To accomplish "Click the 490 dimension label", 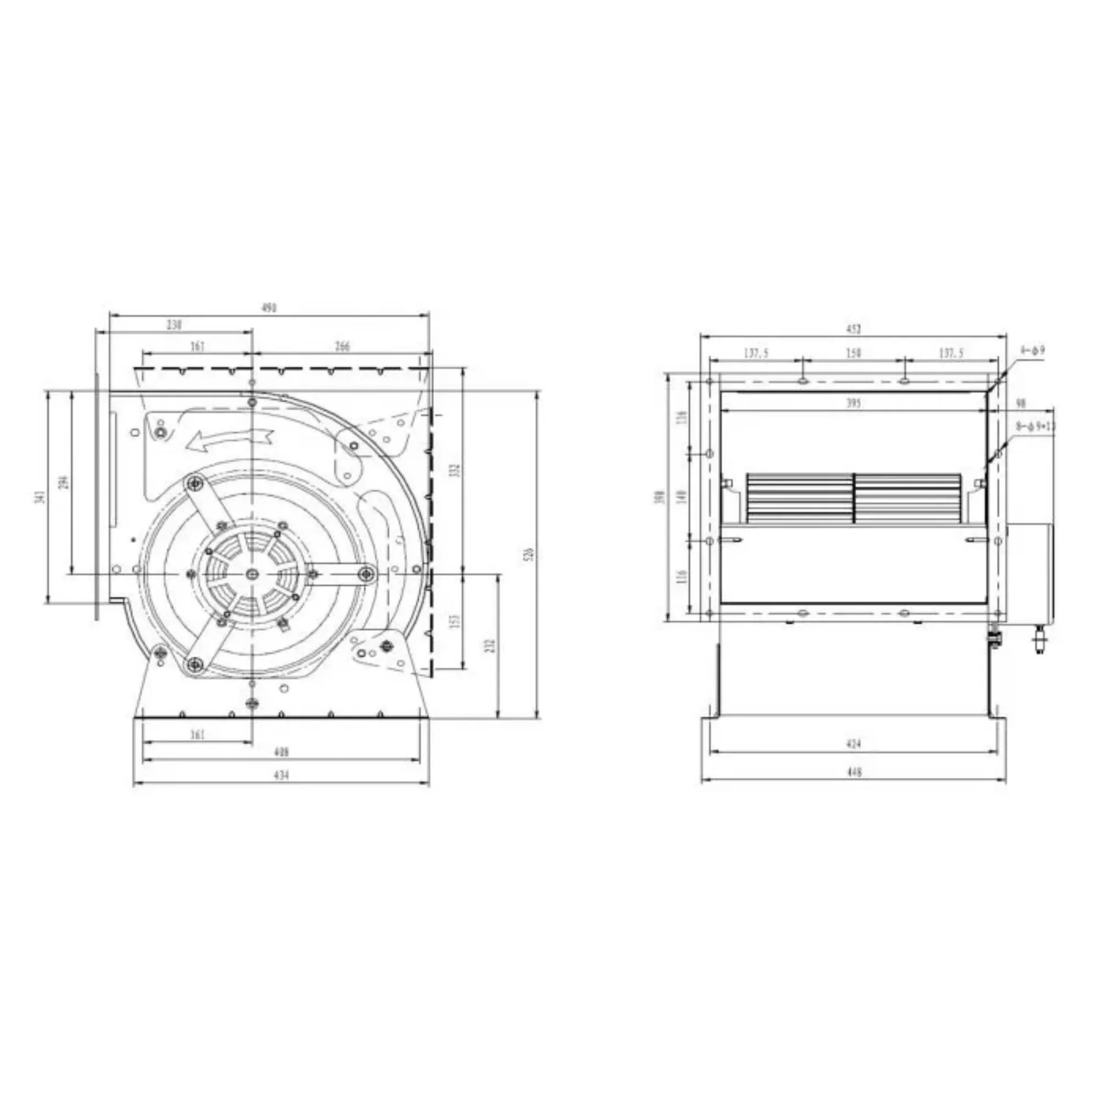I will point(269,308).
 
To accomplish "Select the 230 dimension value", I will point(174,325).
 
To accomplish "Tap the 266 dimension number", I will point(342,346).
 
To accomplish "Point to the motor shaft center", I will point(253,574).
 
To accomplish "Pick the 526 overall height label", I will point(529,554).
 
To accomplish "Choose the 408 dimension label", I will point(281,752).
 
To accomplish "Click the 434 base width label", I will point(281,775).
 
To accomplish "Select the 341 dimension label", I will point(39,497).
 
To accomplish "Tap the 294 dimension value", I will point(64,483).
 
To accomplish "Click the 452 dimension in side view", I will point(853,329).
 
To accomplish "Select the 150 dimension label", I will point(853,354).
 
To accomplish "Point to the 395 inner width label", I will point(853,404).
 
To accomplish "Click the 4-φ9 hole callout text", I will point(1032,351).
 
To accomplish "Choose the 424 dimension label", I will point(853,743).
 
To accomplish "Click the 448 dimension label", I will point(853,772).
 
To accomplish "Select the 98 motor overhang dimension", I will point(1021,404).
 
